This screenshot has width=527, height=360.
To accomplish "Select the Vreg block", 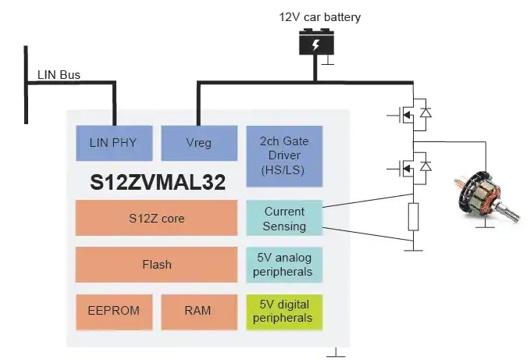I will pos(198,143).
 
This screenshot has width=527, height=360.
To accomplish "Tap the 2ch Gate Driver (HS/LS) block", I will pos(284,155).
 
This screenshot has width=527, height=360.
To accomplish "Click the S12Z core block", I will pos(156,218).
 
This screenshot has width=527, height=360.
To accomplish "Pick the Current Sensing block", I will pos(284,218).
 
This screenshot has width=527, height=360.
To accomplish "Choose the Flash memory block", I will pos(156,265).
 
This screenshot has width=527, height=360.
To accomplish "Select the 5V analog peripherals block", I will pos(284,265).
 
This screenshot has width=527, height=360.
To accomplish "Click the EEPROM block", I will pos(113,311).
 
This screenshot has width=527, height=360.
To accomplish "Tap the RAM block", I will pos(198,311).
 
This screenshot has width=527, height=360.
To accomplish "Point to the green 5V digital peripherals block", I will pos(284,311).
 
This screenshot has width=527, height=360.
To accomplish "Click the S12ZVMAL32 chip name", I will pos(158,183).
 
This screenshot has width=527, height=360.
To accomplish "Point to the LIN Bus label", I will pos(59,76).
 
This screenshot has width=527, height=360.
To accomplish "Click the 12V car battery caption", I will pos(320,16).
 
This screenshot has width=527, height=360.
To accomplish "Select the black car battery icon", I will pos(315,43).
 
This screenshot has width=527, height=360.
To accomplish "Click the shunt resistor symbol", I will pos(413,216).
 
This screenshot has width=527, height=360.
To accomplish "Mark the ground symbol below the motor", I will pos(485,224).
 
